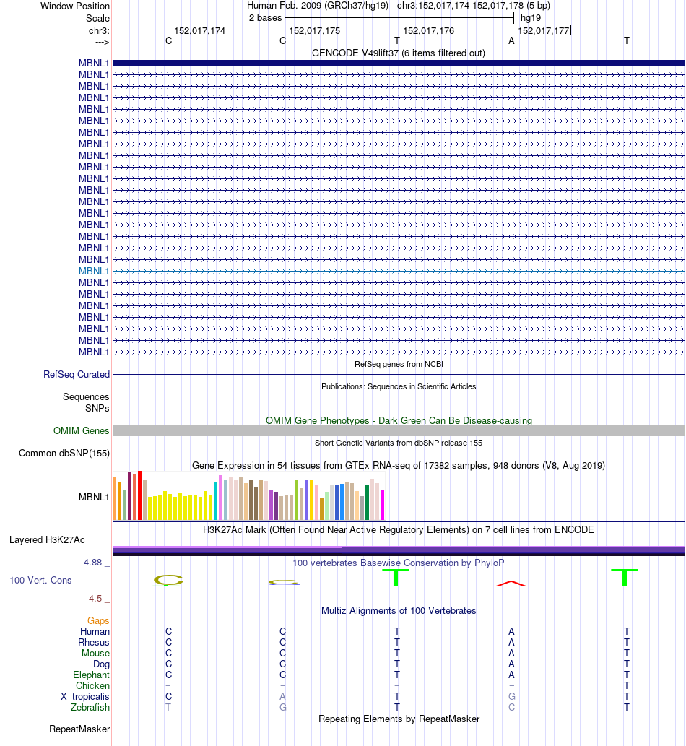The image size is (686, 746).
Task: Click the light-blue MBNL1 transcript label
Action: click(x=94, y=271)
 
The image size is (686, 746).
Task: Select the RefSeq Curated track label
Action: click(x=77, y=375)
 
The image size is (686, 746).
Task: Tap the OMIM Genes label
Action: click(x=82, y=431)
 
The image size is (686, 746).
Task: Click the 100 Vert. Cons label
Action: click(x=40, y=580)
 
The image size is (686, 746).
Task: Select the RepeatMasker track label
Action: click(x=79, y=729)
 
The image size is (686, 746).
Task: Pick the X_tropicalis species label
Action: click(x=85, y=696)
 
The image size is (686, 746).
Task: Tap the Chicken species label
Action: click(x=92, y=685)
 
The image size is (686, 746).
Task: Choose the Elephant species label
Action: click(x=91, y=675)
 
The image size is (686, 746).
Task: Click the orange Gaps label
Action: click(x=98, y=620)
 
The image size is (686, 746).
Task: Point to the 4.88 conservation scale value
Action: click(x=97, y=563)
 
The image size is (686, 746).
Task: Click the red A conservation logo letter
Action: click(x=511, y=583)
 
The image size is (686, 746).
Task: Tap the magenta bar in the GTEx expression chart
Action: click(x=383, y=505)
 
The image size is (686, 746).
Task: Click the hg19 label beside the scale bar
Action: click(x=531, y=17)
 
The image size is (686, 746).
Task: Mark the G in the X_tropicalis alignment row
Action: click(x=511, y=696)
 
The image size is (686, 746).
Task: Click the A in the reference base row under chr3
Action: click(x=511, y=41)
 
